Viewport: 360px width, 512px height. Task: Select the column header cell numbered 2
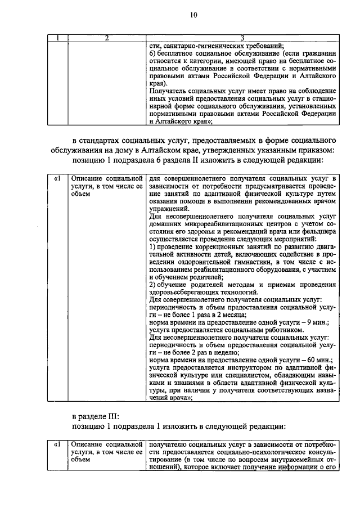point(106,38)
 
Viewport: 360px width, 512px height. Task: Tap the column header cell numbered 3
point(242,38)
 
